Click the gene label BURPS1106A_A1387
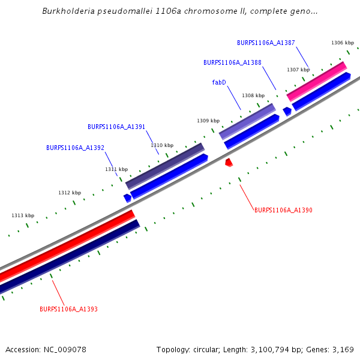coord(266,43)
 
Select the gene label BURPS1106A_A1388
coord(232,62)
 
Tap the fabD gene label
coord(219,82)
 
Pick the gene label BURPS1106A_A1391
coord(116,127)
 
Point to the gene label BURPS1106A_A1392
coord(75,148)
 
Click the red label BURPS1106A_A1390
coord(283,210)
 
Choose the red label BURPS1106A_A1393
coord(68,309)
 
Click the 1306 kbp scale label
coord(343,43)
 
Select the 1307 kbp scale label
coord(298,70)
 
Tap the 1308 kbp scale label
coord(253,95)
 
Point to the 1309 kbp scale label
coord(208,121)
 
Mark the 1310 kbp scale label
coord(162,145)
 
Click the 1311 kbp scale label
coord(116,169)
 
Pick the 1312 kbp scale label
coord(70,193)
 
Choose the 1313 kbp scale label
coord(23,215)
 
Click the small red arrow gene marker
coord(229,162)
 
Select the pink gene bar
coord(316,82)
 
